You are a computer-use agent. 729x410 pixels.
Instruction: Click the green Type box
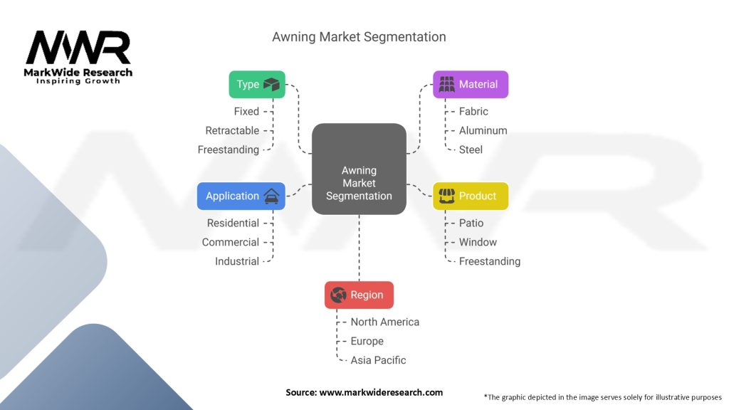(x=256, y=84)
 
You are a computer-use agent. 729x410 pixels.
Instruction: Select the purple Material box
(x=471, y=84)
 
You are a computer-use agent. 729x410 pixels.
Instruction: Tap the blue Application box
(x=241, y=196)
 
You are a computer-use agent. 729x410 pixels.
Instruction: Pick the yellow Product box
(x=471, y=196)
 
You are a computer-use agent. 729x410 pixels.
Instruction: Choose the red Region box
(x=359, y=295)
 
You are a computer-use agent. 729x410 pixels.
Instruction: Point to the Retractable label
(x=232, y=131)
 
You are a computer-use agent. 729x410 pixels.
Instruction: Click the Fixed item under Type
(x=246, y=112)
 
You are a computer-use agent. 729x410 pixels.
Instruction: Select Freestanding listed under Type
(x=229, y=149)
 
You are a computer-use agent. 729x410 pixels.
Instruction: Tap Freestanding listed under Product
(x=490, y=261)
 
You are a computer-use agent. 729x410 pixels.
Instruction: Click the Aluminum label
(x=483, y=131)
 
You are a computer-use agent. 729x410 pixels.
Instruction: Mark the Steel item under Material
(x=471, y=149)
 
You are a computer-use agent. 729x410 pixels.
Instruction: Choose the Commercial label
(x=231, y=242)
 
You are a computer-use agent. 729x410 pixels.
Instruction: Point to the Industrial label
(x=237, y=261)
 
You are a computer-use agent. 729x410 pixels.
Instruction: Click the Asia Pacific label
(x=378, y=360)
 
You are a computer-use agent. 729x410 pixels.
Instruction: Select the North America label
(x=385, y=322)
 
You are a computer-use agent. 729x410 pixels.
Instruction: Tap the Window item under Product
(x=478, y=242)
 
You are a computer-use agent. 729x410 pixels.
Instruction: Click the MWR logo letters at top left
(x=78, y=48)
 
